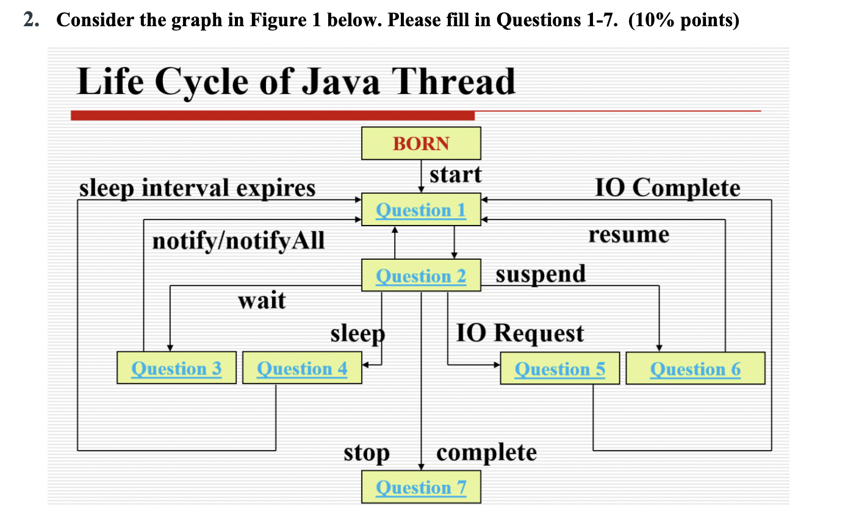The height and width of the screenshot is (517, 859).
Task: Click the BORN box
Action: (x=421, y=143)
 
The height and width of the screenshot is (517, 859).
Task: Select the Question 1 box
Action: (x=421, y=210)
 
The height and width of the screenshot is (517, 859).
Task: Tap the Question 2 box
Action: (x=421, y=276)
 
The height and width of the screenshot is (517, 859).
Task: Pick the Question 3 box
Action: (x=176, y=368)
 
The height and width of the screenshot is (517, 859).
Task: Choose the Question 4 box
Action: (x=302, y=368)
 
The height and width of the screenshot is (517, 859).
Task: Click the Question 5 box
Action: (x=559, y=369)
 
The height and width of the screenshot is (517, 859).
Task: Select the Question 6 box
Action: (x=695, y=369)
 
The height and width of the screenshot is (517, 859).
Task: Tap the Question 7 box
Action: (x=421, y=487)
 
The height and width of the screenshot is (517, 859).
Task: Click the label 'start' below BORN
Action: (x=455, y=175)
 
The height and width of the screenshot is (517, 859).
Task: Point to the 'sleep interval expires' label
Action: (x=197, y=188)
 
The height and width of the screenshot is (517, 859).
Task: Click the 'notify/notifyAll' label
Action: (x=239, y=241)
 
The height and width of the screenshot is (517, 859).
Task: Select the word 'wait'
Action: (x=262, y=300)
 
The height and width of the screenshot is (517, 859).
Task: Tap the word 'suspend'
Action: (x=541, y=274)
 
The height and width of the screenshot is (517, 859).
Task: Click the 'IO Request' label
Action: (x=520, y=333)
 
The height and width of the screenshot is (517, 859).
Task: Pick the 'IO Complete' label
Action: (x=667, y=188)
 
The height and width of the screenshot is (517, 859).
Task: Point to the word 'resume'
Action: (x=628, y=235)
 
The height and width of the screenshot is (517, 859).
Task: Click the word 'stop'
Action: (x=366, y=453)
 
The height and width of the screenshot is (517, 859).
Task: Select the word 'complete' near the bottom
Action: (x=486, y=452)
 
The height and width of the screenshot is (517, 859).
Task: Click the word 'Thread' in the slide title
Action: (x=453, y=82)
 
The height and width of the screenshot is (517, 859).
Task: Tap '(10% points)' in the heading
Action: (x=683, y=20)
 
